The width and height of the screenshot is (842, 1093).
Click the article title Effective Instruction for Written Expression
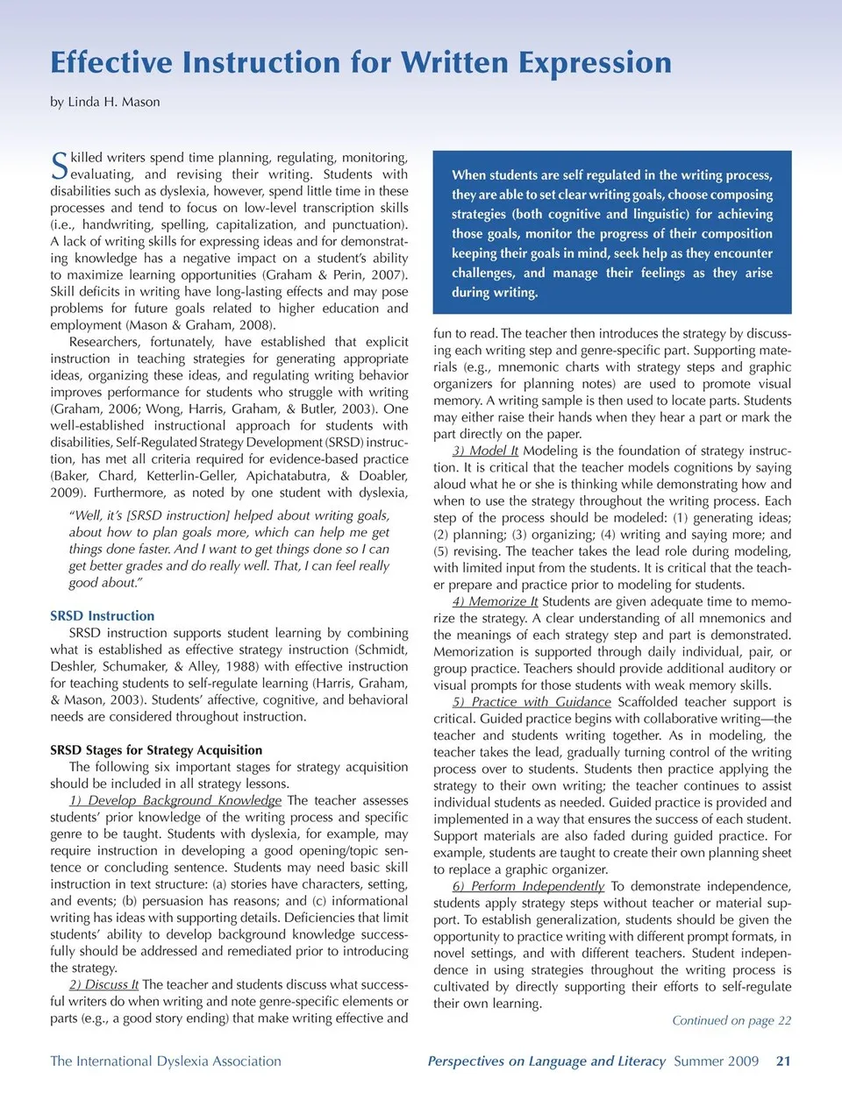click(360, 63)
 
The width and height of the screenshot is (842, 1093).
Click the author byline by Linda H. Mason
click(104, 102)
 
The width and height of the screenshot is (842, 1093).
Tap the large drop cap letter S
click(59, 165)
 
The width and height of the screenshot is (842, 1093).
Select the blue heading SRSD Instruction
click(102, 616)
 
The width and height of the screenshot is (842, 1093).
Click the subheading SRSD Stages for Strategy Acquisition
click(156, 750)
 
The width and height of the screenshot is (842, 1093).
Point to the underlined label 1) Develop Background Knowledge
click(175, 800)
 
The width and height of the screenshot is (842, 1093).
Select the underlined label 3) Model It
click(485, 451)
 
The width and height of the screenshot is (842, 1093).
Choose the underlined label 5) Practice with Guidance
click(532, 702)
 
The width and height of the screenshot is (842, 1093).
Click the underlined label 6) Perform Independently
click(528, 886)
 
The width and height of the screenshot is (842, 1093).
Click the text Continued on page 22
click(731, 1020)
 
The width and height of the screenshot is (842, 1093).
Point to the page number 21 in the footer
click(783, 1061)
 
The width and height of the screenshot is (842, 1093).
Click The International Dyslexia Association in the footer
click(166, 1061)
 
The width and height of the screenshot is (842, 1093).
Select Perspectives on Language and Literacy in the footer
click(546, 1061)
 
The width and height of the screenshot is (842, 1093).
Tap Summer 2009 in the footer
click(716, 1061)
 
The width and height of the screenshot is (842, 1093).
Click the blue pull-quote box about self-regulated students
click(612, 233)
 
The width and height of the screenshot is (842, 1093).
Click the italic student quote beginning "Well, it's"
click(229, 549)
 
